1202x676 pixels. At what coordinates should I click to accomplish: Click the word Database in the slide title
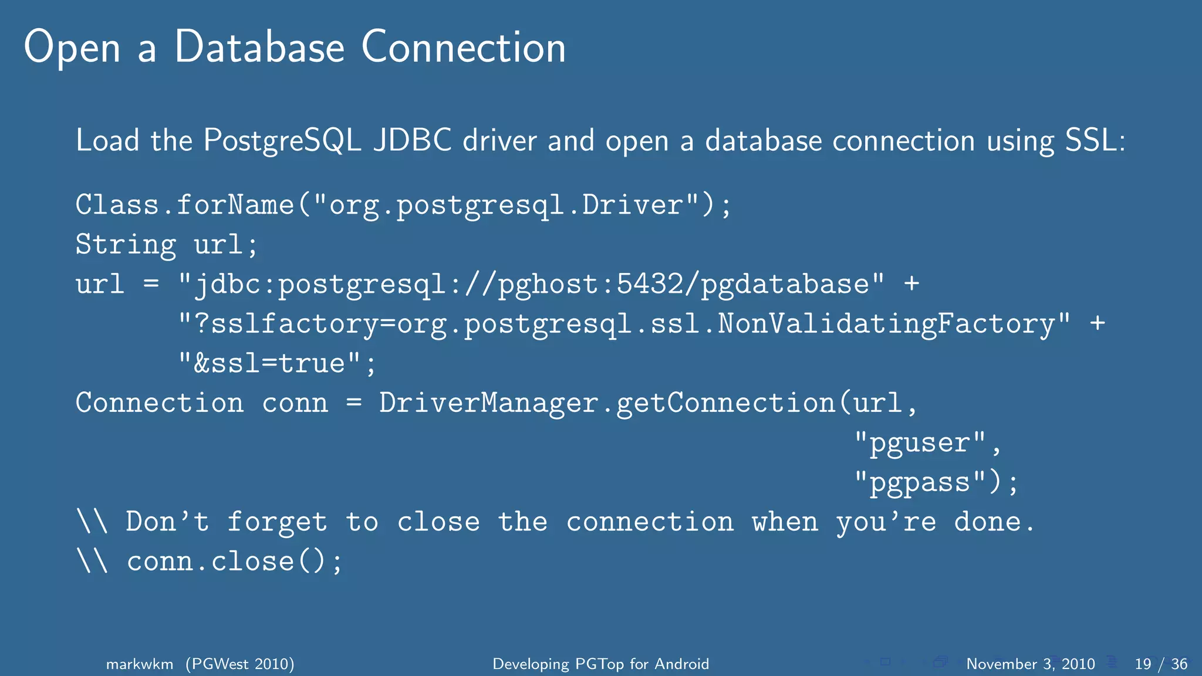259,47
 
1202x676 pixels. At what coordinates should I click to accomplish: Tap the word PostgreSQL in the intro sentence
282,141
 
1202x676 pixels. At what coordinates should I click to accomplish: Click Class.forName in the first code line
184,205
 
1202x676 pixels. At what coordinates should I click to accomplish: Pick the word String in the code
126,245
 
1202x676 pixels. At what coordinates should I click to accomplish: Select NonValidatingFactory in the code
886,324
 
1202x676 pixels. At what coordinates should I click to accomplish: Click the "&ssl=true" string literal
270,363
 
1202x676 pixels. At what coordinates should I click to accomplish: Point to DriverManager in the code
488,403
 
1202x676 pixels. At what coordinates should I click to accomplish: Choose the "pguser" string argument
920,443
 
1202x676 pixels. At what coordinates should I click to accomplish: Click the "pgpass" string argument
920,482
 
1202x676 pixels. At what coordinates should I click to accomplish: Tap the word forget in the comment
277,522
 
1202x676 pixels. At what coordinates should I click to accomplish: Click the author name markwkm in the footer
140,664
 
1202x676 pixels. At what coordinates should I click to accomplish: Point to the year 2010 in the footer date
1078,664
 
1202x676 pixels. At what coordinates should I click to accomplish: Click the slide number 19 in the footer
1143,664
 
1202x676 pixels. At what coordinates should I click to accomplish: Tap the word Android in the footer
682,664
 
